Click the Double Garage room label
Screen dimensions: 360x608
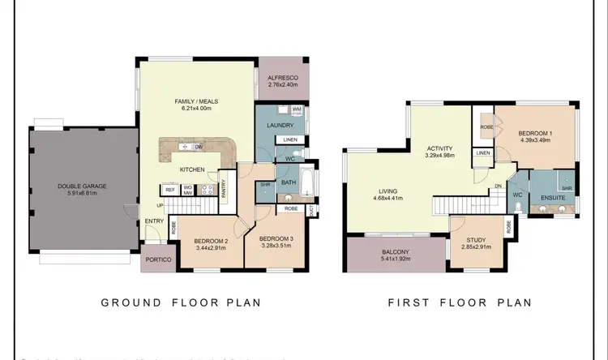pos(83,186)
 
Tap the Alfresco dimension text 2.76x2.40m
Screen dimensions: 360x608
pos(283,84)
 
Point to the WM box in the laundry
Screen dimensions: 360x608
pos(297,109)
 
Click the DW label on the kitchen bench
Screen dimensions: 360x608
pos(199,147)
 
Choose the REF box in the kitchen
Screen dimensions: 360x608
pos(170,189)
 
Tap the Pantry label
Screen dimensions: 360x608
pos(223,188)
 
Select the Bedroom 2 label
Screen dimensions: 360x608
pos(210,241)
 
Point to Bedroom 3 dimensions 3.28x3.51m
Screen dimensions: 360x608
pos(276,246)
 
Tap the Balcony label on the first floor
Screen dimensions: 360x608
pos(396,251)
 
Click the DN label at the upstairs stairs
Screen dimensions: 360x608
pos(498,185)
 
